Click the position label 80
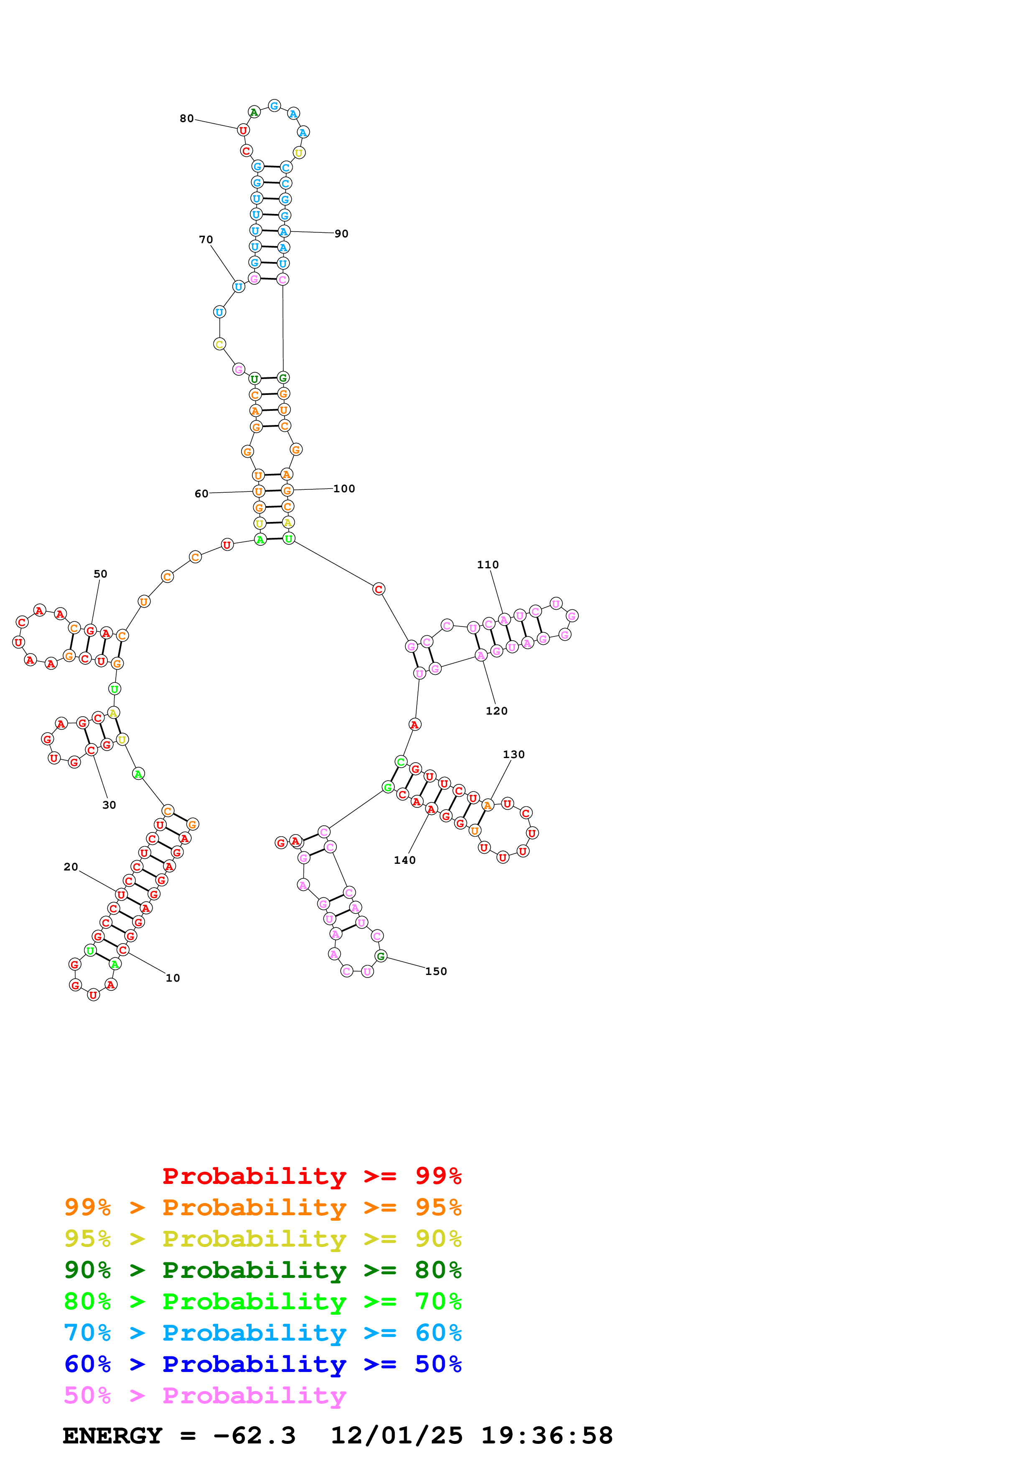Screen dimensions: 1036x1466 point(186,119)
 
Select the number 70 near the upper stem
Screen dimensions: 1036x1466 point(206,240)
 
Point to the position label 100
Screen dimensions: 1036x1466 point(344,489)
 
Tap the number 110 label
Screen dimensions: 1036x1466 point(488,565)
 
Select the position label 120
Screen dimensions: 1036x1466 point(496,711)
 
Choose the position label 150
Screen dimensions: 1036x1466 point(436,972)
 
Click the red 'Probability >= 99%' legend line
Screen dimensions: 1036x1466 point(311,1176)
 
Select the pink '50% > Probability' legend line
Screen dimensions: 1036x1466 point(205,1396)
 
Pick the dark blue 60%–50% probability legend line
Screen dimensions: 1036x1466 point(262,1364)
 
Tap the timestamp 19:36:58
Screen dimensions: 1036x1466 point(546,1436)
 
